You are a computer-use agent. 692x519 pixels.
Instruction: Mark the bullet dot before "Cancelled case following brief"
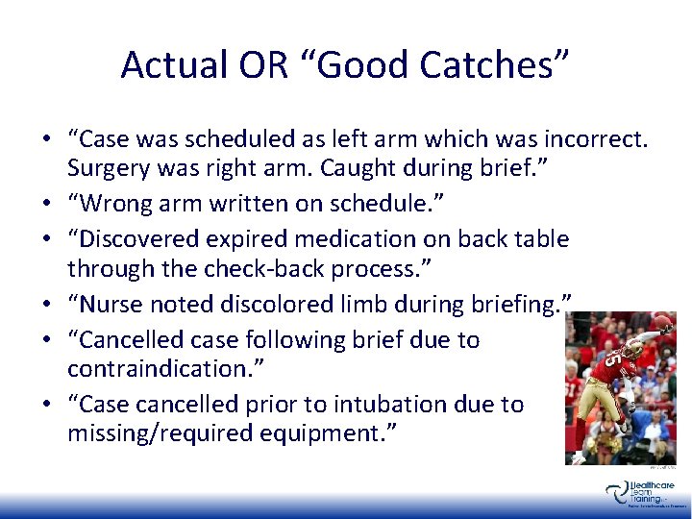[x=48, y=340]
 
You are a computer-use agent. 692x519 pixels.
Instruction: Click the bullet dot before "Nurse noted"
[x=48, y=305]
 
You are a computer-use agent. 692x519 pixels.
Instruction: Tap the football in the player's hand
[x=662, y=321]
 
